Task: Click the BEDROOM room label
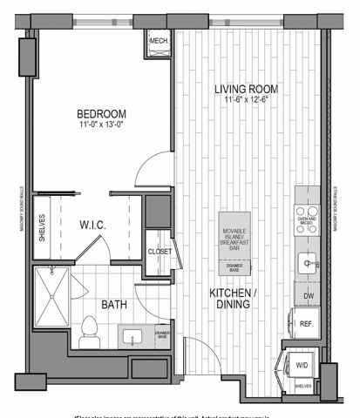click(101, 113)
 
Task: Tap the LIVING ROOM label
click(247, 89)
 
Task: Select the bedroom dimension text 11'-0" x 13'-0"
click(101, 125)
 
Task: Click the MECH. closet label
click(159, 41)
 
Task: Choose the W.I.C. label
click(92, 225)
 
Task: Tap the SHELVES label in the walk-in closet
click(40, 227)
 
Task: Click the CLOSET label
click(159, 251)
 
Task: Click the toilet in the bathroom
click(87, 328)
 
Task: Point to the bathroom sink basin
click(135, 336)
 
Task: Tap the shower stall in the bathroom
click(51, 296)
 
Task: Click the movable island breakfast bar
click(234, 242)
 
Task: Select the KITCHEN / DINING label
click(233, 300)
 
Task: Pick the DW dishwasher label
click(307, 296)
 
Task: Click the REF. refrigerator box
click(307, 324)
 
